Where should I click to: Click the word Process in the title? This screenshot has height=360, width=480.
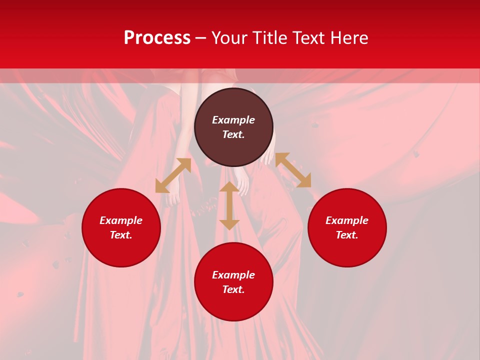click(157, 38)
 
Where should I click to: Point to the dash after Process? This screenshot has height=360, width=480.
click(201, 38)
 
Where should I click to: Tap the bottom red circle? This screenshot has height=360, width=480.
click(233, 305)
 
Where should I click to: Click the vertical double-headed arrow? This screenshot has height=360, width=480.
click(229, 205)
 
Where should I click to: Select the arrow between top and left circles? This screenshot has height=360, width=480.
click(173, 175)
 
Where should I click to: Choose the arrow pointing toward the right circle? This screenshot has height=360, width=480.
click(293, 170)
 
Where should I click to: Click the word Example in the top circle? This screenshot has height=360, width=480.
click(233, 120)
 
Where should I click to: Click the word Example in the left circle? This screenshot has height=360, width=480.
click(121, 220)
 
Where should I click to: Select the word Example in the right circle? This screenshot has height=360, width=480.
click(347, 220)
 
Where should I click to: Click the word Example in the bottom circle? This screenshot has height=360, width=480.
click(233, 275)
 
